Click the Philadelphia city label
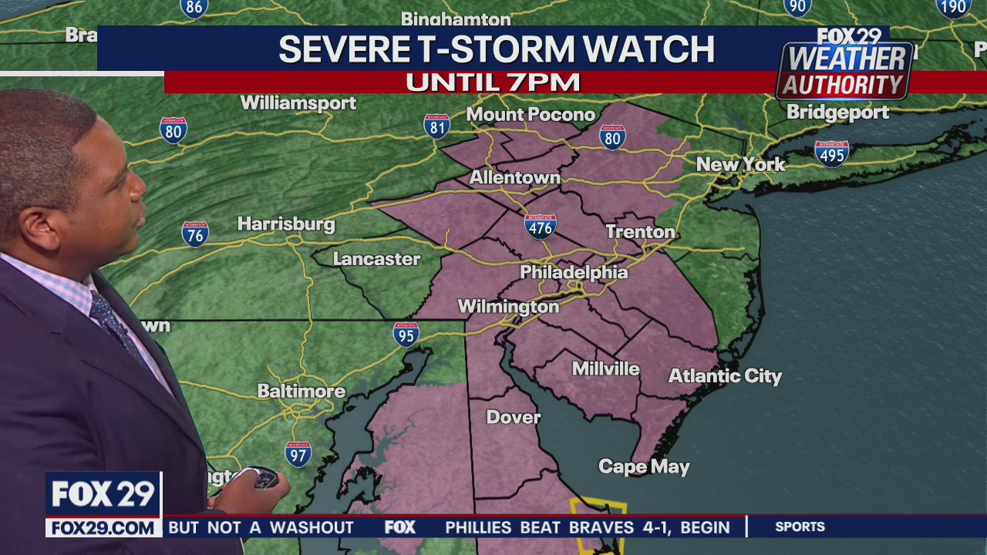tap(574, 272)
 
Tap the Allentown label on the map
tap(514, 177)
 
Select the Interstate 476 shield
tap(541, 226)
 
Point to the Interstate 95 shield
tap(406, 334)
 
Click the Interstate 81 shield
tap(436, 126)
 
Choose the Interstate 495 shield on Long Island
tap(831, 153)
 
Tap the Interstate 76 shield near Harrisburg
tap(195, 234)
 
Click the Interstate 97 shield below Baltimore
tap(298, 453)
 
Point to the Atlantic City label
tap(725, 376)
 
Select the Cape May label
tap(644, 466)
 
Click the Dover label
tap(513, 417)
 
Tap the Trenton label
tap(640, 231)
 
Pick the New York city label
tap(740, 164)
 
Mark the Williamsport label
tap(298, 103)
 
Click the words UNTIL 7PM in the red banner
tap(493, 82)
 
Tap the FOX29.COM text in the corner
tap(103, 527)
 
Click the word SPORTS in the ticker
tap(800, 526)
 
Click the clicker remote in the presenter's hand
tap(264, 479)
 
